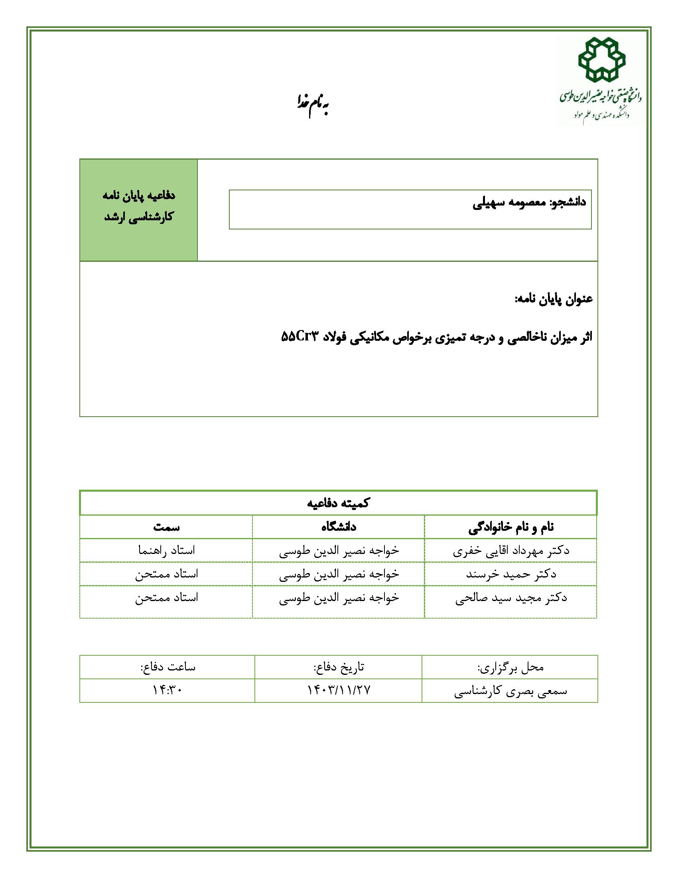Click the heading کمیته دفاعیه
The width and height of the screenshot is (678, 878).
(x=338, y=503)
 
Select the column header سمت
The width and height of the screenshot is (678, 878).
(x=166, y=527)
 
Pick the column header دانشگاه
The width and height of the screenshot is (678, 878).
(x=339, y=527)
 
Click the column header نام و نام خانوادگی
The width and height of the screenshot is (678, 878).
(x=511, y=527)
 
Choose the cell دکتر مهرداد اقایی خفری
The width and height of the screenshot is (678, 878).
(x=511, y=550)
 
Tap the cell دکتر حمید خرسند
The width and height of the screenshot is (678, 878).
(x=511, y=574)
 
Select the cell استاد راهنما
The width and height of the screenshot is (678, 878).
(x=166, y=550)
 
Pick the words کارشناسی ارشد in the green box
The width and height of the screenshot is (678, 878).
(x=138, y=217)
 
